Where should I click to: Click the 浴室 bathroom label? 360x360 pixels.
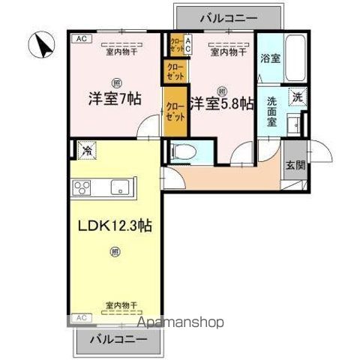(270, 58)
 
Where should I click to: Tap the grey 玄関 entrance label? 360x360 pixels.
(295, 166)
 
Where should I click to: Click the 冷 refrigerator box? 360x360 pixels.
(87, 149)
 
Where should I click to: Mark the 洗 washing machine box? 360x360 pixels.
(298, 96)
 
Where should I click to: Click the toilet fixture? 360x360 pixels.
(184, 151)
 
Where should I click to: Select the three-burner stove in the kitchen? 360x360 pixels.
(82, 187)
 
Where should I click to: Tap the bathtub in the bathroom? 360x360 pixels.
(294, 58)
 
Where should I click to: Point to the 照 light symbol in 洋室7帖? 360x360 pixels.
(116, 82)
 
